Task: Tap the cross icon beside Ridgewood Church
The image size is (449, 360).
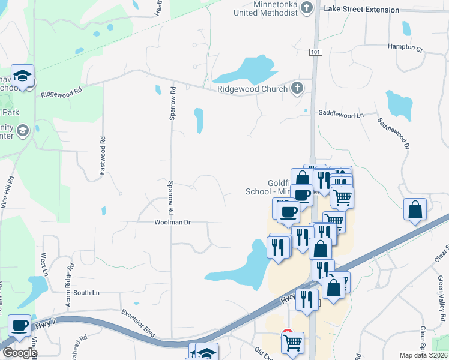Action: (x=295, y=89)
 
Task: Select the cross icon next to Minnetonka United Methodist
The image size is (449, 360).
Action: (x=307, y=8)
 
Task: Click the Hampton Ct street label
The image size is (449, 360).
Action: (x=405, y=47)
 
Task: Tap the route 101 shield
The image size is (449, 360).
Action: (x=316, y=52)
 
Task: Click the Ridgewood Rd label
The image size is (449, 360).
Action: (x=61, y=94)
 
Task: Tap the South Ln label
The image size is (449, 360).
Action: (x=86, y=293)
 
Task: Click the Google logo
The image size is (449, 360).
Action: (x=19, y=353)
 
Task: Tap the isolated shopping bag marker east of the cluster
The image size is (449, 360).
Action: (x=415, y=210)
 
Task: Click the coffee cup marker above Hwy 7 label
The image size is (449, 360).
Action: (x=20, y=326)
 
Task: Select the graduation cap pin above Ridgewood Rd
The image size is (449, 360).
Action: (x=22, y=76)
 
